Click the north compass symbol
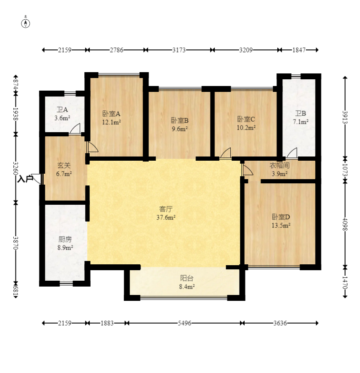point(26,23)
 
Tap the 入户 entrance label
point(25,179)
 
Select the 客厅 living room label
point(166,209)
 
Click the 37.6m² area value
point(166,217)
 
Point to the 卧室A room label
point(111,114)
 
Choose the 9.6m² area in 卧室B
point(180,129)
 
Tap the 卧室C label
point(246,119)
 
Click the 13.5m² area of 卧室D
point(281,225)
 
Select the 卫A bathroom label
point(63,110)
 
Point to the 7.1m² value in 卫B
point(300,122)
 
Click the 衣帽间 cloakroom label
point(279,165)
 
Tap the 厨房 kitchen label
point(65,239)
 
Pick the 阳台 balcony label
point(187,278)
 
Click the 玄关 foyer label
point(64,165)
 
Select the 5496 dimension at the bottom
point(184,323)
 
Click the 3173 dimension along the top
point(179,50)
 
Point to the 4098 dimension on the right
point(345,224)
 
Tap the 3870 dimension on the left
point(16,243)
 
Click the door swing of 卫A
point(75,129)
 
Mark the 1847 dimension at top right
point(299,50)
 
